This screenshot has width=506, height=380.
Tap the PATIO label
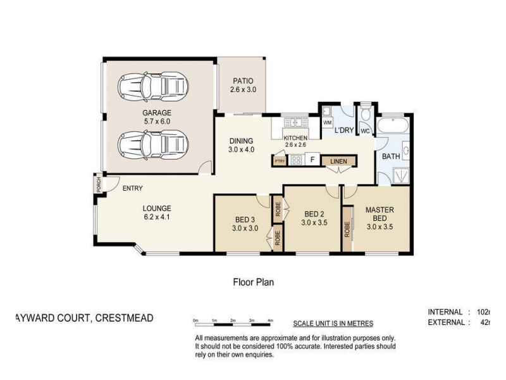click(x=242, y=81)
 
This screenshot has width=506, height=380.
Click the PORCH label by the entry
click(x=98, y=184)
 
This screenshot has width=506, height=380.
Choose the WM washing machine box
click(x=328, y=122)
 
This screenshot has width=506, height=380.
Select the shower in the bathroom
click(x=400, y=174)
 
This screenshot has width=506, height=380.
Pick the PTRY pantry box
click(x=280, y=161)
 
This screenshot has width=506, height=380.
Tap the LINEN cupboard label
click(x=338, y=161)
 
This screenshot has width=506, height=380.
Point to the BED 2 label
click(x=314, y=213)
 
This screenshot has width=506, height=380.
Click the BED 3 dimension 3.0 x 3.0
click(x=245, y=229)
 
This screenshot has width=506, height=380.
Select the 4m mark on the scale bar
click(x=271, y=321)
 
